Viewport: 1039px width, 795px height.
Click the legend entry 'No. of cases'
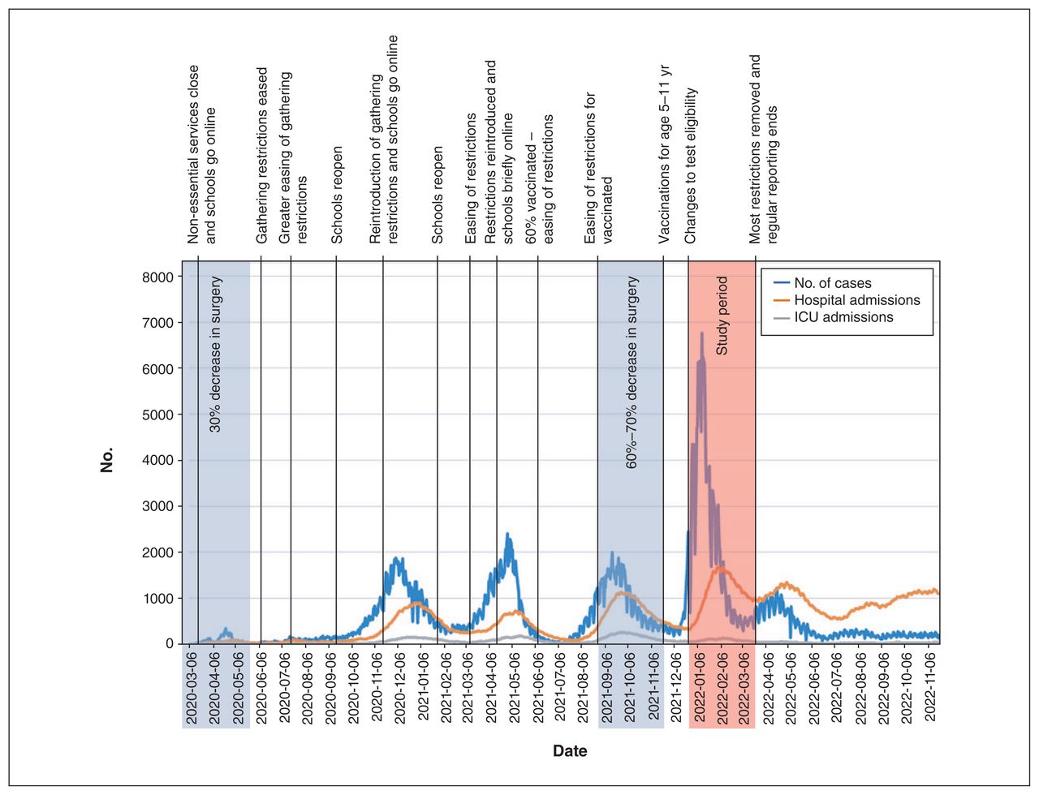pyautogui.click(x=822, y=283)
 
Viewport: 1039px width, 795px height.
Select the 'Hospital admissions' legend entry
pyautogui.click(x=847, y=300)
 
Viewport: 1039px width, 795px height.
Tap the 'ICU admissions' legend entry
pyautogui.click(x=833, y=317)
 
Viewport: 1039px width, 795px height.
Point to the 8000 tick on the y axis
pyautogui.click(x=157, y=277)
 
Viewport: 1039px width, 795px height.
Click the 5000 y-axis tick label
pyautogui.click(x=157, y=415)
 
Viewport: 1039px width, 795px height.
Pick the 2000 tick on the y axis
pyautogui.click(x=157, y=552)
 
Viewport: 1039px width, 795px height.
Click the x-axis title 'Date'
pyautogui.click(x=570, y=751)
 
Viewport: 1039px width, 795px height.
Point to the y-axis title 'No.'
pyautogui.click(x=106, y=460)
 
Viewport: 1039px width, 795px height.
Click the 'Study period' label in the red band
pyautogui.click(x=722, y=316)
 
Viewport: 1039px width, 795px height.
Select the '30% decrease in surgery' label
pyautogui.click(x=216, y=354)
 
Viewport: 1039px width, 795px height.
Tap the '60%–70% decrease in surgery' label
pyautogui.click(x=632, y=372)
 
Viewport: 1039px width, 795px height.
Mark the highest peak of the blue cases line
pyautogui.click(x=701, y=333)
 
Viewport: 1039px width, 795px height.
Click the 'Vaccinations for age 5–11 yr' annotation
pyautogui.click(x=665, y=154)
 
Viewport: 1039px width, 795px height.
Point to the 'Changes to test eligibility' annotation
pyautogui.click(x=690, y=165)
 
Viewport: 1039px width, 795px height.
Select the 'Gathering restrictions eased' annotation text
pyautogui.click(x=261, y=156)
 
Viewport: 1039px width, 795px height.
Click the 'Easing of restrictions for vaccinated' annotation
pyautogui.click(x=598, y=168)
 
